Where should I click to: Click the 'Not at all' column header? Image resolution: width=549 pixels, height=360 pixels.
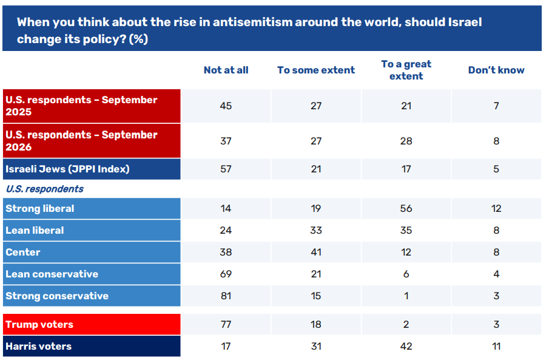click(226, 70)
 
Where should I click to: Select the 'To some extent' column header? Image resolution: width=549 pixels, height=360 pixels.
click(316, 70)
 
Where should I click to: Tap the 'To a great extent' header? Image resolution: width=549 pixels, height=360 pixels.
click(406, 70)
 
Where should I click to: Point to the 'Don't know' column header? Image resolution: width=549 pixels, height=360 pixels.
click(496, 70)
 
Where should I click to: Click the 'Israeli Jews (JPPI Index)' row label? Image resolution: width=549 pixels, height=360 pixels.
click(67, 169)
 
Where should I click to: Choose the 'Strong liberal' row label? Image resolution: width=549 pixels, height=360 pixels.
click(40, 209)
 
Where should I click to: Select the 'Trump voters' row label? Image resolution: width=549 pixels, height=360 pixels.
click(39, 324)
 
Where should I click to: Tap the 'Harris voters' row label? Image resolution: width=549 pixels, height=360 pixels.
click(38, 346)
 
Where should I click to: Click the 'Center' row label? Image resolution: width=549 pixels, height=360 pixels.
click(23, 252)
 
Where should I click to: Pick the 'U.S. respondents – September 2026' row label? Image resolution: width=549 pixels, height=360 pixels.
click(81, 141)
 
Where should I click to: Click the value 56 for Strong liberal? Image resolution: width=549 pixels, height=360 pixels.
click(406, 209)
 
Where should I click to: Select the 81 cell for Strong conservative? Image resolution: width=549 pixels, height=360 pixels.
click(226, 296)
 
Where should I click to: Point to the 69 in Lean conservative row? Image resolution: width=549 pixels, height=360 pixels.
click(226, 274)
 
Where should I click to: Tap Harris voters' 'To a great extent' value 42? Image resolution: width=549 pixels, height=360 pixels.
click(406, 346)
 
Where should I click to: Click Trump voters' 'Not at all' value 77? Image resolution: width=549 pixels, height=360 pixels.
click(226, 324)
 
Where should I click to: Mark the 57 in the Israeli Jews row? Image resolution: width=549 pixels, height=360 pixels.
click(226, 169)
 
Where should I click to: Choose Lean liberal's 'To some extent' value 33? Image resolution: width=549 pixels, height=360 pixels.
click(316, 230)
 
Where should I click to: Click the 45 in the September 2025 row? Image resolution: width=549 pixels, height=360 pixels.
click(226, 106)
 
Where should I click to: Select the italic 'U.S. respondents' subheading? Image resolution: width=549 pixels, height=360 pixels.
click(44, 189)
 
